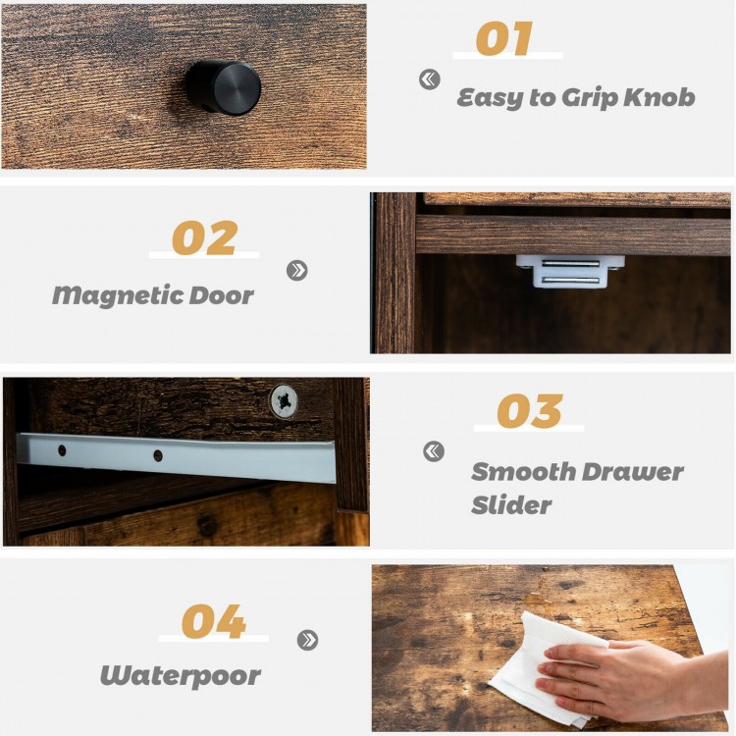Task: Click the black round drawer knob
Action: point(224,87)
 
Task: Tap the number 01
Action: point(503,39)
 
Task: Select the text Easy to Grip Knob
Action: point(575,97)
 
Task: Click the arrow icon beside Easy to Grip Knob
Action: point(430,79)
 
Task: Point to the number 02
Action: point(204,238)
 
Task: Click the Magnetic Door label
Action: point(152,294)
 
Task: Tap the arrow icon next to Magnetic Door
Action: point(297,270)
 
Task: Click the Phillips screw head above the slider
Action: point(285,400)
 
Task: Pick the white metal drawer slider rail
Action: point(177,456)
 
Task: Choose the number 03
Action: point(529,412)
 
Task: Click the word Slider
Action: point(511,505)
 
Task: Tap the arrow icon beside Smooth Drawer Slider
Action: point(433,451)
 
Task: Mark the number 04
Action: point(213,622)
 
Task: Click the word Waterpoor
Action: point(180,676)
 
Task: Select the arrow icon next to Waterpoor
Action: point(308,640)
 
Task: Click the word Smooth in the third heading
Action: point(521,472)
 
